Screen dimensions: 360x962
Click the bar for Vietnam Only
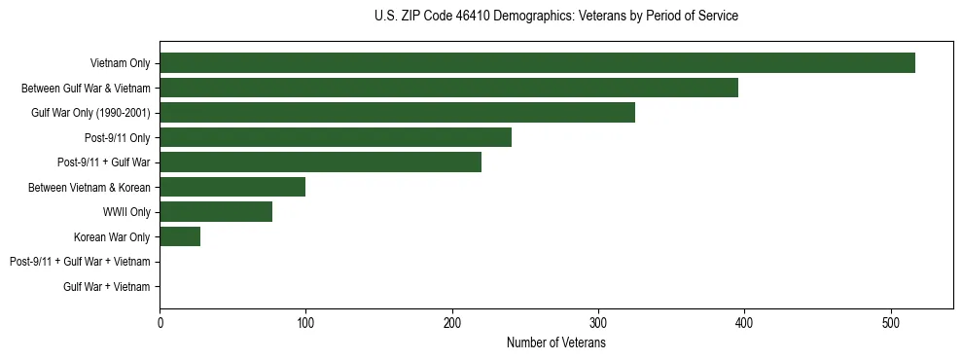pyautogui.click(x=537, y=63)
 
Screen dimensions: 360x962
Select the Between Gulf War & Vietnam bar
pyautogui.click(x=448, y=88)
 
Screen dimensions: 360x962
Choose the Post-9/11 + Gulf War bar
pyautogui.click(x=320, y=162)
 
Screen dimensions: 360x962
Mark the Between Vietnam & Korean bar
pyautogui.click(x=232, y=187)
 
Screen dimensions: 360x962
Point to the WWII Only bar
pyautogui.click(x=216, y=212)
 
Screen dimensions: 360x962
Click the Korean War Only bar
pyautogui.click(x=180, y=237)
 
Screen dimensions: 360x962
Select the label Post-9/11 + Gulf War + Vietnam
pyautogui.click(x=80, y=262)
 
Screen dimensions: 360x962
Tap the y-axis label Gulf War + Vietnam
pyautogui.click(x=107, y=287)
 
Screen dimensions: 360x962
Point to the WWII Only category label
pyautogui.click(x=126, y=212)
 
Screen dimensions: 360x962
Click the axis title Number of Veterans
pyautogui.click(x=556, y=342)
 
